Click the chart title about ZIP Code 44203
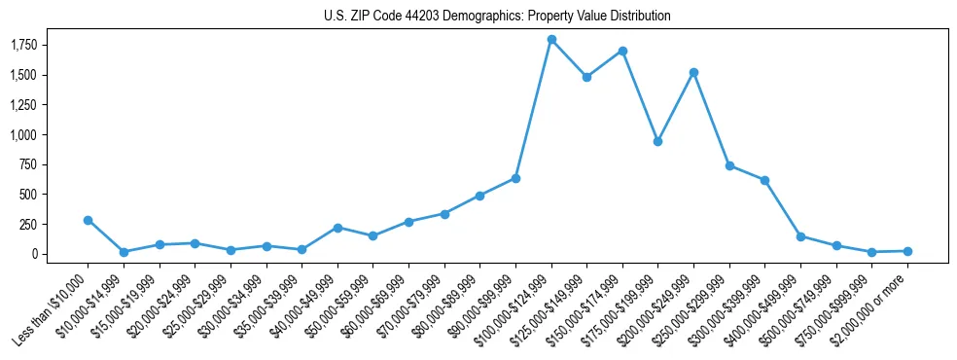[497, 17]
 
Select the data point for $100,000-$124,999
[551, 40]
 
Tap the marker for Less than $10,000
[88, 220]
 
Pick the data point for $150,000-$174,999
[622, 51]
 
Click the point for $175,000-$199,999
[658, 141]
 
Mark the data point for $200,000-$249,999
[693, 72]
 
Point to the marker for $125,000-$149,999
[586, 77]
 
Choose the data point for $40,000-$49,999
[337, 228]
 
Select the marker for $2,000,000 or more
[907, 251]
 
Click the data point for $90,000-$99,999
[515, 178]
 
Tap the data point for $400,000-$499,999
[800, 236]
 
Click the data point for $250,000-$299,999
[729, 165]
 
